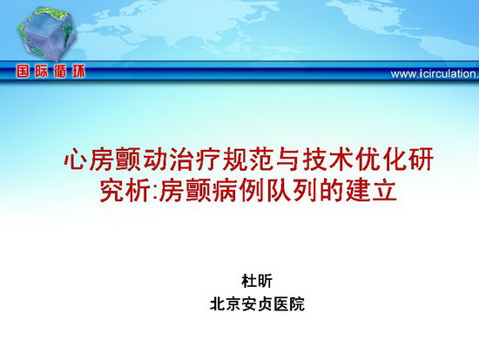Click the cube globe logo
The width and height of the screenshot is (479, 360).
(46, 33)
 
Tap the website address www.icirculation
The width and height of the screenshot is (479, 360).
(435, 74)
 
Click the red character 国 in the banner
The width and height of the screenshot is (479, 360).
(24, 71)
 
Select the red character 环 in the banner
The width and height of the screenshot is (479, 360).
(78, 71)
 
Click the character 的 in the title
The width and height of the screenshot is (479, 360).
(332, 191)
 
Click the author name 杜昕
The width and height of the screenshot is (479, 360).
(257, 281)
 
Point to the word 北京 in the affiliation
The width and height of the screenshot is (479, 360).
(226, 304)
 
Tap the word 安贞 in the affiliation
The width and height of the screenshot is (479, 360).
(257, 304)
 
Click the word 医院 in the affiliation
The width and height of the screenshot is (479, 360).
(289, 304)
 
